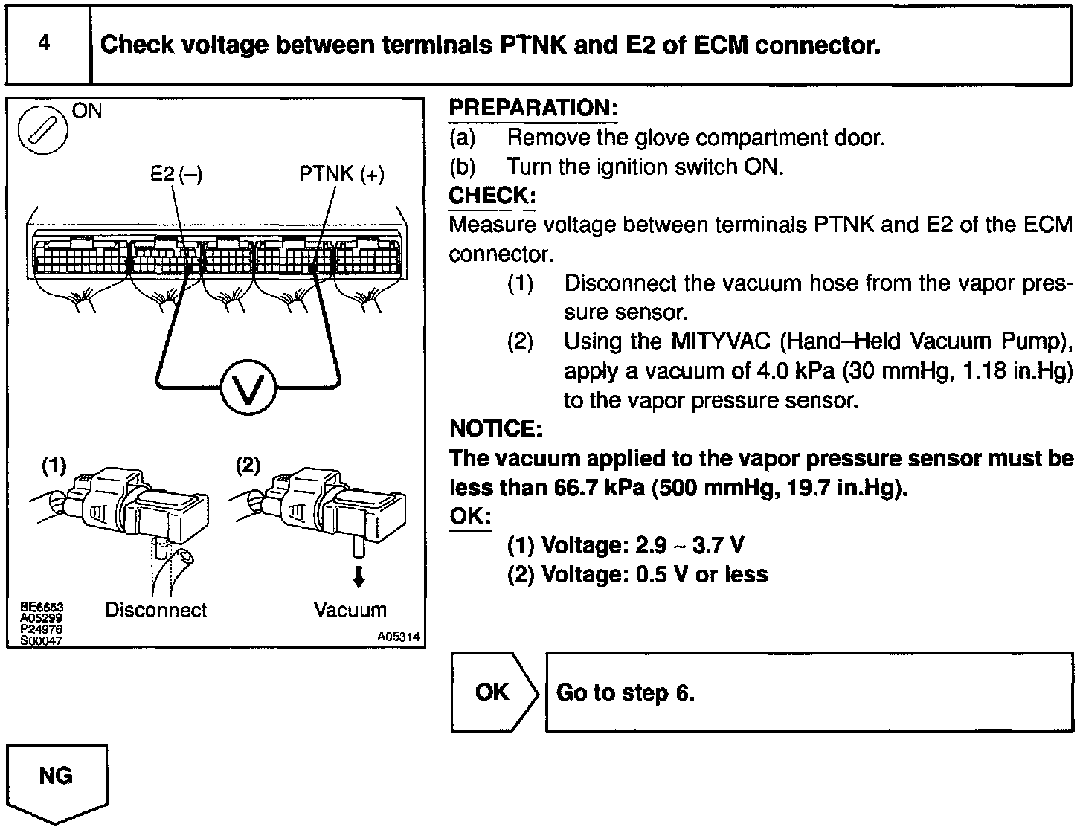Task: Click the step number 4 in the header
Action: click(x=45, y=43)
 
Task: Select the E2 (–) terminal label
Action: click(x=176, y=174)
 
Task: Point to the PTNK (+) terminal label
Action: click(x=342, y=174)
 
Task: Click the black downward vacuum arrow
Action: click(x=359, y=577)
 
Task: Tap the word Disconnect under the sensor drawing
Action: click(x=156, y=611)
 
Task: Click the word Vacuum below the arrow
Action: click(x=350, y=611)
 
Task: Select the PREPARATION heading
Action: click(x=533, y=109)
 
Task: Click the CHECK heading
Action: click(x=492, y=196)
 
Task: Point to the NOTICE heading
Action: click(x=496, y=429)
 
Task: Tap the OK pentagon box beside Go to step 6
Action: click(x=493, y=692)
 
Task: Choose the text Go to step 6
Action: click(x=625, y=693)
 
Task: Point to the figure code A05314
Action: click(x=398, y=637)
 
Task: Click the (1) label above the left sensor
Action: click(x=54, y=466)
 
